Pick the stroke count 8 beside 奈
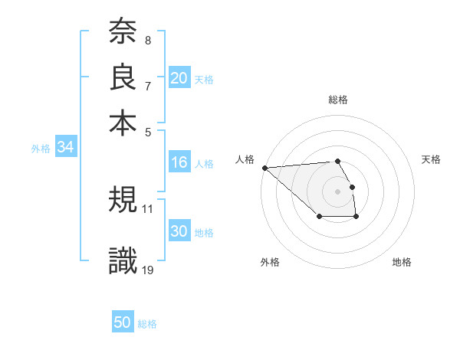[147, 40]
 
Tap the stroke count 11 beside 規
[148, 208]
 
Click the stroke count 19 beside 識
[148, 269]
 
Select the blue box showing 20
[179, 78]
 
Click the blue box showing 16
[179, 162]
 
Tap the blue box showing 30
[179, 232]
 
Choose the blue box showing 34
[65, 147]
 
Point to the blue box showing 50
[123, 323]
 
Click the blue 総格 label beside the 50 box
[147, 324]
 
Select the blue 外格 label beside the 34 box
[41, 149]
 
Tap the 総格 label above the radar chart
[338, 100]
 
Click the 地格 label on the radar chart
[402, 263]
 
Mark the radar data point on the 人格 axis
[264, 168]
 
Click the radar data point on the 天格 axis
[352, 187]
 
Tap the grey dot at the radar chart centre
[338, 191]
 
